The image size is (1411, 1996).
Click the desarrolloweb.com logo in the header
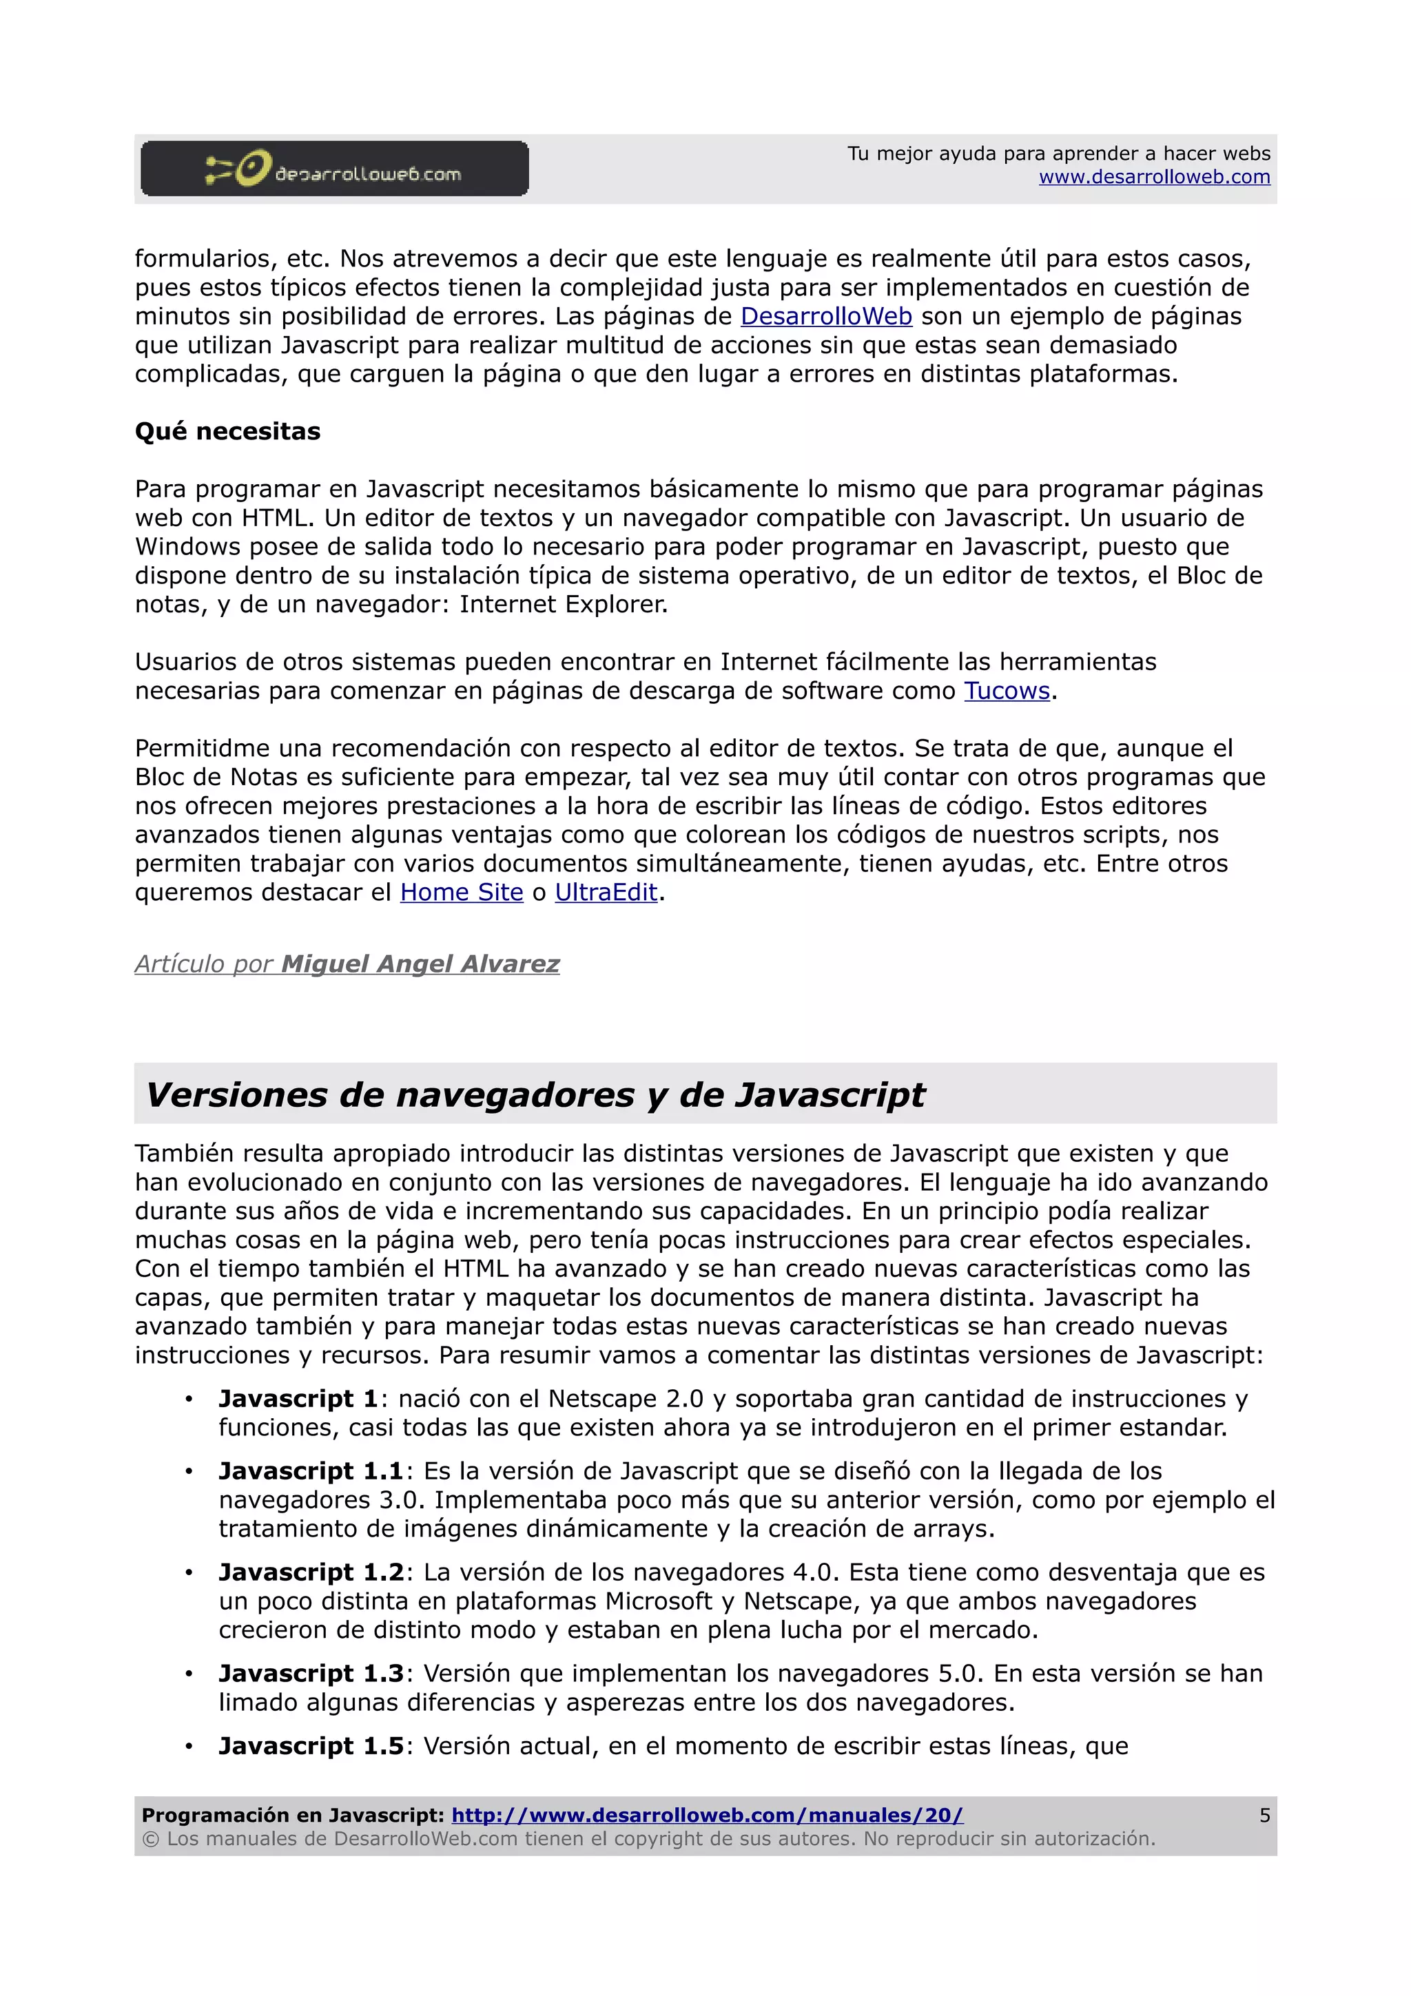tap(335, 169)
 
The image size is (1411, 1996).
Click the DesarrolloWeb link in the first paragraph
tap(826, 316)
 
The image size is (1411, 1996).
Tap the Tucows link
tap(1007, 691)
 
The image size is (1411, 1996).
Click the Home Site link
tap(462, 893)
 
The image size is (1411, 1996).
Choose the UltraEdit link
tap(606, 893)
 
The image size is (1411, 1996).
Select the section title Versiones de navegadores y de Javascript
tap(535, 1094)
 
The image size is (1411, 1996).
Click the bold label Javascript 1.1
tap(310, 1472)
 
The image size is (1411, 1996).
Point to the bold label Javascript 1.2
tap(310, 1572)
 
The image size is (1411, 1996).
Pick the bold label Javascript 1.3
tap(310, 1674)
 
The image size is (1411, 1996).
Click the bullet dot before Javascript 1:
tap(188, 1400)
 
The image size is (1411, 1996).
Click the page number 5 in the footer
tap(1264, 1815)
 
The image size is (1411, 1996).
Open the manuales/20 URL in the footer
tap(707, 1815)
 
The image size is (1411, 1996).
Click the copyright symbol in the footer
tap(150, 1839)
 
